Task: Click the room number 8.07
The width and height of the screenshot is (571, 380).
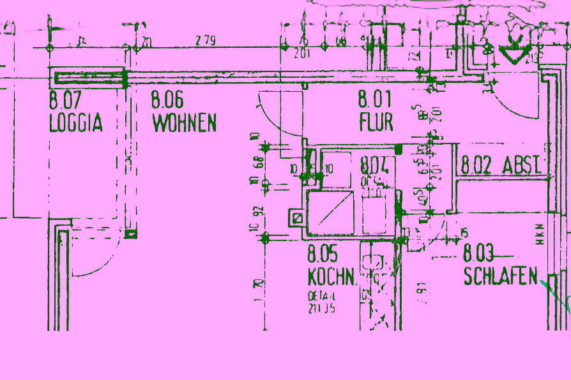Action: (65, 100)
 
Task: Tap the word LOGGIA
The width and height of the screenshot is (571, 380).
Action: (75, 123)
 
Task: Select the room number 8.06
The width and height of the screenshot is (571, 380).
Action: (167, 100)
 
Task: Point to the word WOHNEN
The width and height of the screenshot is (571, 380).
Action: (184, 122)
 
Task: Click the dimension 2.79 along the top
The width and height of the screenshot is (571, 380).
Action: (206, 41)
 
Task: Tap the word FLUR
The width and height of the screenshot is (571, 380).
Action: (376, 122)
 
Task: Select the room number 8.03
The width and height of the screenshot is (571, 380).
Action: (479, 254)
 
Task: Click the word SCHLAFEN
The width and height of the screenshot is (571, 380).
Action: (501, 277)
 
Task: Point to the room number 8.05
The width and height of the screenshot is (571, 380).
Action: (323, 254)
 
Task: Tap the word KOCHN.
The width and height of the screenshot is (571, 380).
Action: (331, 277)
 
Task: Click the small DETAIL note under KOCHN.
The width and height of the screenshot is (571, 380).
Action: (321, 303)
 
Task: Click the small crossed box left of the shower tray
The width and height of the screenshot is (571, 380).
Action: (297, 218)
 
